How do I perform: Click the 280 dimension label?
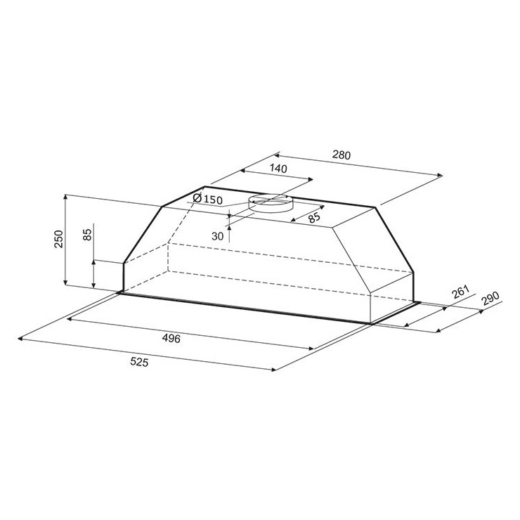click(x=341, y=155)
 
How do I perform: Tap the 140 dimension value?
click(x=278, y=169)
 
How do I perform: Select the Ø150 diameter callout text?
click(x=207, y=199)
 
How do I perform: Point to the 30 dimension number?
click(x=218, y=236)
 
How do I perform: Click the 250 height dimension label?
click(x=59, y=239)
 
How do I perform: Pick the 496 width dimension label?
click(x=171, y=338)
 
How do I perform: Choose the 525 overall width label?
click(x=139, y=362)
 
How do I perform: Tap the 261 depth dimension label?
click(x=460, y=292)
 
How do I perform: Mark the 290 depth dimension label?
click(x=490, y=299)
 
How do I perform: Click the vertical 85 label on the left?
click(x=87, y=235)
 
